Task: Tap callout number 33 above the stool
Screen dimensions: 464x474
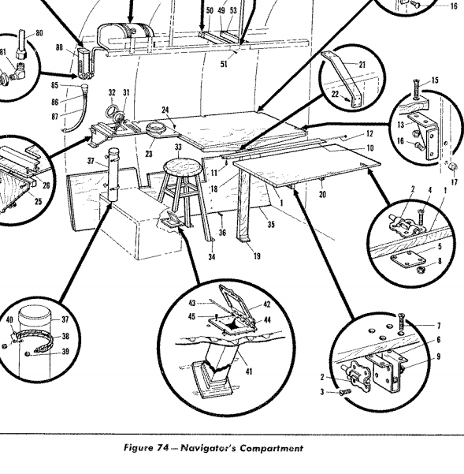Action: click(178, 147)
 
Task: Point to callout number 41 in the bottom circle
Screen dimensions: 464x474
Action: click(248, 371)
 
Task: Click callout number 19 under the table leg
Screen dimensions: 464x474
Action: click(257, 256)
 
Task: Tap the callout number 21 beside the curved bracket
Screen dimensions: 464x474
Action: click(362, 65)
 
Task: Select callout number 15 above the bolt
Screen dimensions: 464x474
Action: click(435, 80)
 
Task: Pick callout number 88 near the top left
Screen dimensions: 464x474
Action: click(59, 47)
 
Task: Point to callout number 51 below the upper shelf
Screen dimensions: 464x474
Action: click(224, 64)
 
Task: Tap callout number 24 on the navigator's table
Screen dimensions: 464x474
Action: click(165, 110)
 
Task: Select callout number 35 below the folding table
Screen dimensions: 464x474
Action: click(271, 224)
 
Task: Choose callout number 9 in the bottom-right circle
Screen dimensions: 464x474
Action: click(438, 356)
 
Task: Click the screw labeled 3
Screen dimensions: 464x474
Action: click(345, 392)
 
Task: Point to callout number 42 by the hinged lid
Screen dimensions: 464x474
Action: click(266, 304)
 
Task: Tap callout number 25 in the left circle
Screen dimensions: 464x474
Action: click(38, 201)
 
